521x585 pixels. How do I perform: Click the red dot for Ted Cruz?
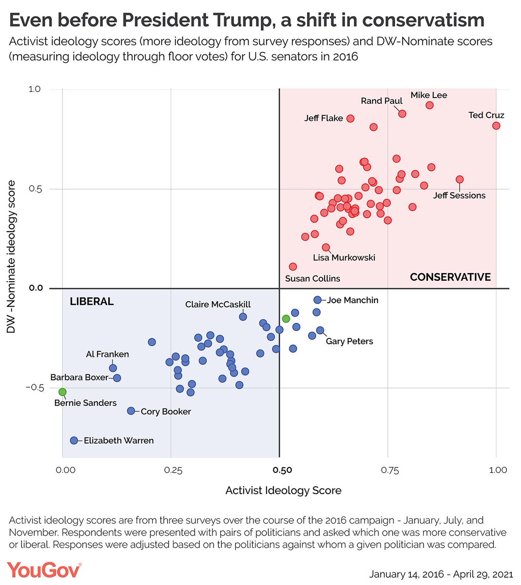496,126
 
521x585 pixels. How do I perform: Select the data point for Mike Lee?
429,105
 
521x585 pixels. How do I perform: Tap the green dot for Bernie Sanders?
62,392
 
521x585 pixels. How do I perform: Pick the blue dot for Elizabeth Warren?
74,441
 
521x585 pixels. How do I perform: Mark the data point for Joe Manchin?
317,300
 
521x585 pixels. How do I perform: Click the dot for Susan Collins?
292,267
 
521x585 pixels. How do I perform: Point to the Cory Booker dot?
131,411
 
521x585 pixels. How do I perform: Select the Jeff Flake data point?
350,118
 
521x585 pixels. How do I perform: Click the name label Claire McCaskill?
218,304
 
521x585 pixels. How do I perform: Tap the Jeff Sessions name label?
459,195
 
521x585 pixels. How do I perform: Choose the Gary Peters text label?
349,341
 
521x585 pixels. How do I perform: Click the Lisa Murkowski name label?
344,257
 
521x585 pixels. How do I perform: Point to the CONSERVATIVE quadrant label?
450,277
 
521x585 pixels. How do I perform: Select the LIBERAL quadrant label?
92,301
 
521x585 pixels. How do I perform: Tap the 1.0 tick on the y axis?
35,89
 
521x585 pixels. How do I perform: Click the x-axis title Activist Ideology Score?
283,490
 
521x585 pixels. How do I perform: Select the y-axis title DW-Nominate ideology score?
12,257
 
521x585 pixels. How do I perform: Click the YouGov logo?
44,570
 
